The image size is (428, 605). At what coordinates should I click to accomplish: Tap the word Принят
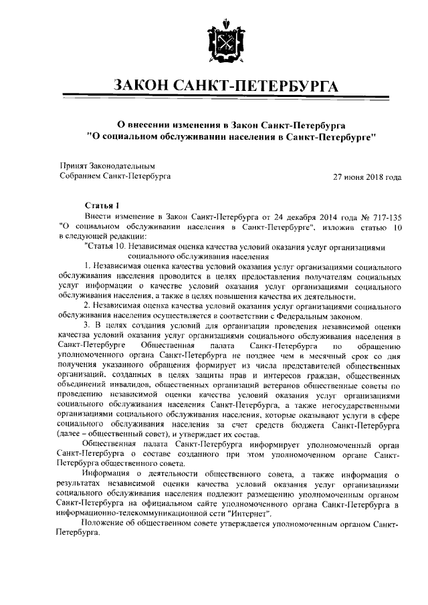tap(74, 165)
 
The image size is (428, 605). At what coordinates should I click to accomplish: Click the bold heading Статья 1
tap(102, 207)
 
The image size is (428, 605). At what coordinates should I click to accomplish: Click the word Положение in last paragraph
tap(104, 525)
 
